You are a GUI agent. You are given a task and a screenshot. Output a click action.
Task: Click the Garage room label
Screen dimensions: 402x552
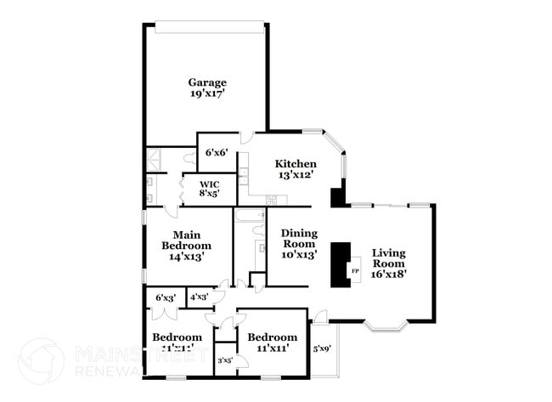(x=207, y=82)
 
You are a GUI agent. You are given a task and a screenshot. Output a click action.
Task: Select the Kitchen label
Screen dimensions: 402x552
(x=296, y=164)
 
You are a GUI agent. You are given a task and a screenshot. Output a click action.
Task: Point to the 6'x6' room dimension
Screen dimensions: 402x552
(x=216, y=153)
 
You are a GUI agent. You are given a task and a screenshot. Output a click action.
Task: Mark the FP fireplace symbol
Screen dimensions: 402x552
(x=356, y=272)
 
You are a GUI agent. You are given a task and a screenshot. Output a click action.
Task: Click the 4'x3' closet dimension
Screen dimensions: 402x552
(x=199, y=297)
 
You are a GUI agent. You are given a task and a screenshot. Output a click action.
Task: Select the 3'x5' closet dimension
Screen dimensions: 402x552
(x=225, y=361)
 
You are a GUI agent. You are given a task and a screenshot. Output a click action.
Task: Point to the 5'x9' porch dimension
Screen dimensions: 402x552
(x=323, y=348)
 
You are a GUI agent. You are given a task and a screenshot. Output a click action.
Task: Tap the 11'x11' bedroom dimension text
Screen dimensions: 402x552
(x=272, y=347)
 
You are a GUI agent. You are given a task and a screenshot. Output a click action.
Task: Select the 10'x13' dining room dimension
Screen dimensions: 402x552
(x=298, y=254)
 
